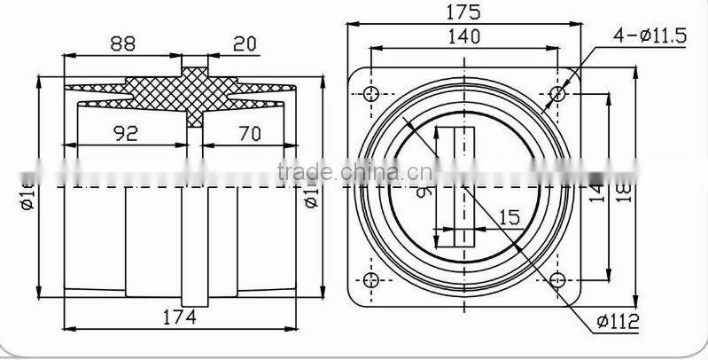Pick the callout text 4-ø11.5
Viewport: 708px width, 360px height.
click(650, 36)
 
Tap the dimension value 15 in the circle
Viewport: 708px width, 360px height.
click(509, 216)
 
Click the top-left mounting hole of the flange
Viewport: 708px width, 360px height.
click(370, 91)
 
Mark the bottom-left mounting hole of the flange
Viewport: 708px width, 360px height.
click(370, 282)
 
